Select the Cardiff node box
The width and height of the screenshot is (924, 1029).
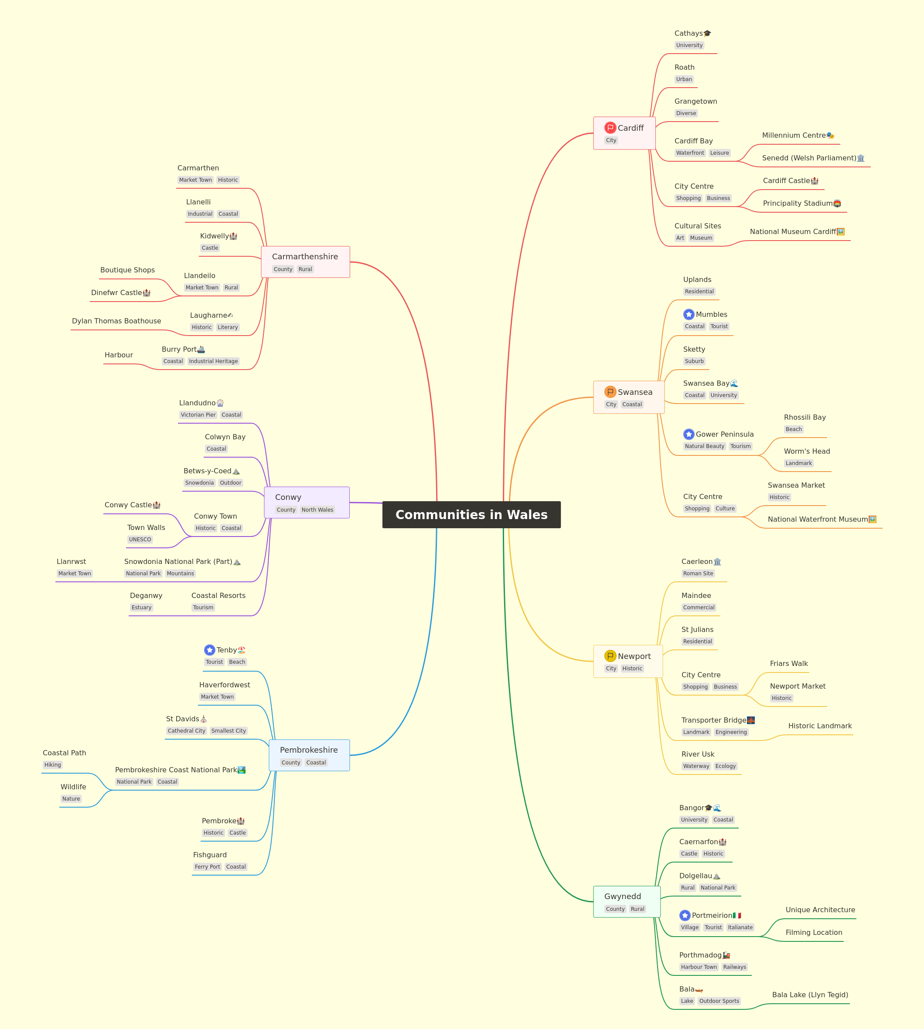(624, 133)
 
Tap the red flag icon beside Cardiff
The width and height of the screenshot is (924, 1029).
(610, 128)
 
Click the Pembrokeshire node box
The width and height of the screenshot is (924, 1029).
(309, 755)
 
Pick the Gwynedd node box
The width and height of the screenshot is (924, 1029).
(627, 902)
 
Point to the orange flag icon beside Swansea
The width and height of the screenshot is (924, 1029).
(610, 392)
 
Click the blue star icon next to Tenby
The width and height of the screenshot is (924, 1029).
(210, 650)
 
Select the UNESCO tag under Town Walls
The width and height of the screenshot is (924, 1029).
(140, 540)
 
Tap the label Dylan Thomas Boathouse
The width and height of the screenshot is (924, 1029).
(116, 321)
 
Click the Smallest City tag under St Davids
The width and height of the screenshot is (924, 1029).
(228, 730)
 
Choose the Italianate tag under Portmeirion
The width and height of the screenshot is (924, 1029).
(740, 927)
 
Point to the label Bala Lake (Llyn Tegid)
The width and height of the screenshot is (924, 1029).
(810, 995)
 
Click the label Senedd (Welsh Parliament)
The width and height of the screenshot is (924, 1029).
(809, 158)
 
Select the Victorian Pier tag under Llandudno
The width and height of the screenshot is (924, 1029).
(198, 414)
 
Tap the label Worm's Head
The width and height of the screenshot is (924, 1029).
(807, 451)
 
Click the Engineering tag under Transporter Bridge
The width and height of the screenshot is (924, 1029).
(731, 732)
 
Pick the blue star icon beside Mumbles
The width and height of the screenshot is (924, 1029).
(689, 315)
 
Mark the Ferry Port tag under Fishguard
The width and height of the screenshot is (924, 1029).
(207, 866)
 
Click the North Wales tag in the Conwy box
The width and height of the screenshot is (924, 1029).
(317, 509)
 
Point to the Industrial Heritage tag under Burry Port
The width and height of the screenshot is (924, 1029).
(213, 361)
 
